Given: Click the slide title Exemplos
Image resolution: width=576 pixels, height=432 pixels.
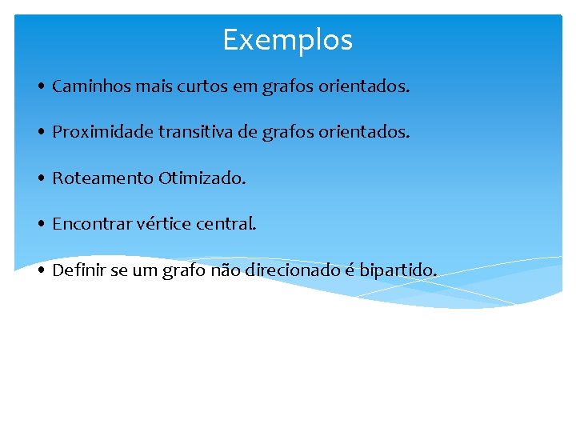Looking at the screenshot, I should [x=287, y=39].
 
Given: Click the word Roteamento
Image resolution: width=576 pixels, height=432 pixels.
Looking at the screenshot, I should [x=102, y=178].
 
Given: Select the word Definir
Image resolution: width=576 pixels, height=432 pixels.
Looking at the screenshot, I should [x=78, y=270].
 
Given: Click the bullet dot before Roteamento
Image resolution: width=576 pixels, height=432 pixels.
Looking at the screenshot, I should [x=40, y=178].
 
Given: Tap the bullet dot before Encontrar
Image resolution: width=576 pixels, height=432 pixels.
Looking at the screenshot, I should [x=40, y=225].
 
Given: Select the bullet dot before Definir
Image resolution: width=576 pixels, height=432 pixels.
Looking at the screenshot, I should [x=40, y=271].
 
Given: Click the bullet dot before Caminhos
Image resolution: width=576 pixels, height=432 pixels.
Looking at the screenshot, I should [x=40, y=87].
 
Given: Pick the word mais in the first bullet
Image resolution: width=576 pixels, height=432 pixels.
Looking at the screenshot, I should [x=144, y=86].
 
